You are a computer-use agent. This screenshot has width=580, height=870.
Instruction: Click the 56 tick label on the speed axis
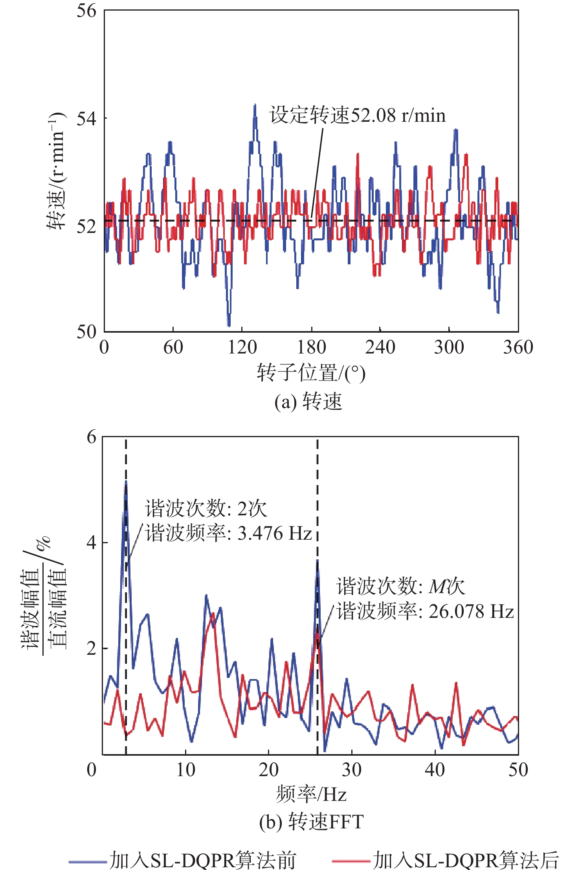pyautogui.click(x=86, y=11)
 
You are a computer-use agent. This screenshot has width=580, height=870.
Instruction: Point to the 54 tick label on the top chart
pyautogui.click(x=86, y=118)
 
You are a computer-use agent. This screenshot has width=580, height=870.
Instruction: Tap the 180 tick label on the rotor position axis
pyautogui.click(x=311, y=347)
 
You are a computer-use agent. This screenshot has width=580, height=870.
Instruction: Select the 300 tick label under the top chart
pyautogui.click(x=449, y=347)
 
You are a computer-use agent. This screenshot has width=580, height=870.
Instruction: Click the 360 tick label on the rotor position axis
pyautogui.click(x=518, y=347)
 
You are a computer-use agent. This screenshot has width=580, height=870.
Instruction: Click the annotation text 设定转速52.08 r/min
pyautogui.click(x=358, y=115)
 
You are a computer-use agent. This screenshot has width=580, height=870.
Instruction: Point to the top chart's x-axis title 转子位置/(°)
pyautogui.click(x=311, y=373)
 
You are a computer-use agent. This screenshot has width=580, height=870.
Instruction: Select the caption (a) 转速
pyautogui.click(x=308, y=402)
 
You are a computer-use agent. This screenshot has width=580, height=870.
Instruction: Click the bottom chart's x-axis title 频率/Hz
pyautogui.click(x=311, y=794)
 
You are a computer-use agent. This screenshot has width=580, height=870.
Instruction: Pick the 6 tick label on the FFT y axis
pyautogui.click(x=92, y=437)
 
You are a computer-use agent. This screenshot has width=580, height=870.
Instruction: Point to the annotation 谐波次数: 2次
pyautogui.click(x=206, y=509)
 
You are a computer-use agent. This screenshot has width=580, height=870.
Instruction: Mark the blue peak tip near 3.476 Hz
pyautogui.click(x=126, y=482)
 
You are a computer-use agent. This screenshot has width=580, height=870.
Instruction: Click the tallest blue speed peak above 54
pyautogui.click(x=255, y=105)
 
